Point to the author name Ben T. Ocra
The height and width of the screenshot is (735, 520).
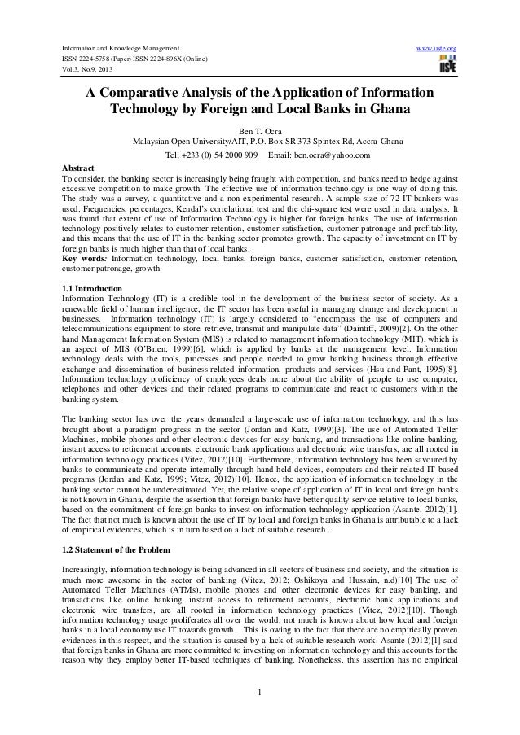(260, 129)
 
